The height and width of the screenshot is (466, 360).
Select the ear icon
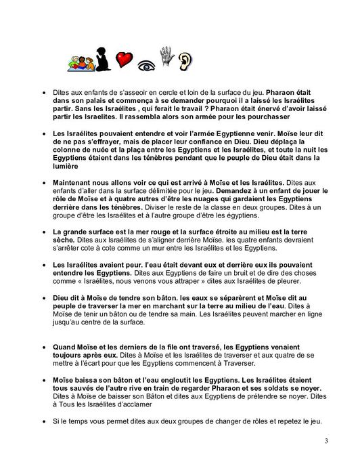[x=184, y=62]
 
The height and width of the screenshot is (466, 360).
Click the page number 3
[x=326, y=442]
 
